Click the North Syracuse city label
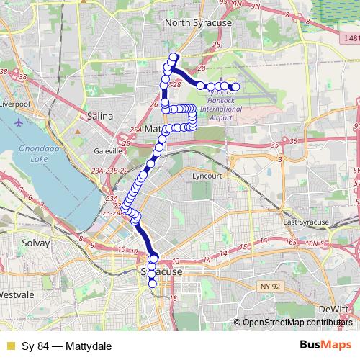pyautogui.click(x=198, y=23)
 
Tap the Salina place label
pyautogui.click(x=99, y=115)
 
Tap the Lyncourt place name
pyautogui.click(x=210, y=175)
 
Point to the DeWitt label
pyautogui.click(x=333, y=307)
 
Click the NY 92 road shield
pyautogui.click(x=267, y=287)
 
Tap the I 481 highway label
pyautogui.click(x=349, y=37)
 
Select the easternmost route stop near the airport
pyautogui.click(x=235, y=86)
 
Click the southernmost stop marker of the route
pyautogui.click(x=153, y=284)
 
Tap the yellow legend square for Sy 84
pyautogui.click(x=9, y=346)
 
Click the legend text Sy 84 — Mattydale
pyautogui.click(x=66, y=346)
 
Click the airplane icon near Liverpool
pyautogui.click(x=17, y=122)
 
